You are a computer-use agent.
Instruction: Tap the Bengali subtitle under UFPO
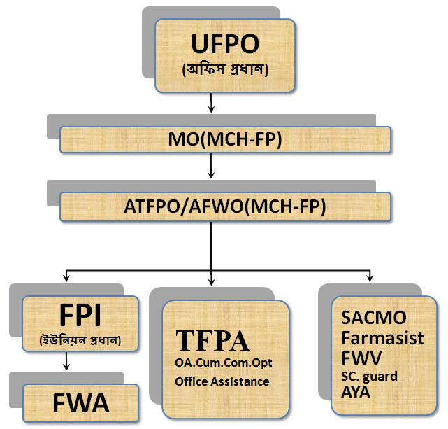coord(225,71)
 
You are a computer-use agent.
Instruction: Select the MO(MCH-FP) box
coord(224,140)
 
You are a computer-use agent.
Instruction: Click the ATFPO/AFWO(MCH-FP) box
coord(224,208)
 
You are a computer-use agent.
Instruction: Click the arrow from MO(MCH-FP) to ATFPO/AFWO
coord(211,172)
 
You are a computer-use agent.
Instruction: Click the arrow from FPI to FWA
coord(65,363)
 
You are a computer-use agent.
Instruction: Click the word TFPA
coord(212,341)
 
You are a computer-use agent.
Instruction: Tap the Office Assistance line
coord(222,381)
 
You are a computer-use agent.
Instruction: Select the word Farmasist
coord(382,338)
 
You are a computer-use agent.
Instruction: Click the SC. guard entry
coord(370,376)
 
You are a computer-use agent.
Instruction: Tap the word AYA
coord(356,391)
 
